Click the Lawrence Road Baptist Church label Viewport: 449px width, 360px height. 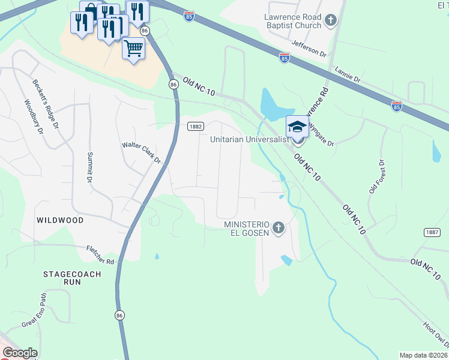pos(293,22)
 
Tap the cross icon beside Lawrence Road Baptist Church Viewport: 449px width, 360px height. pos(330,22)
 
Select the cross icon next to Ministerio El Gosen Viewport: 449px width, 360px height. pos(277,228)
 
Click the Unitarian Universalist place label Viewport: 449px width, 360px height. pos(250,139)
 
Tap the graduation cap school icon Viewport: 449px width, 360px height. pos(297,127)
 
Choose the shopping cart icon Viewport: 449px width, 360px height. pos(134,48)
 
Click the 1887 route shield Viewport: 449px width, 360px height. pos(432,232)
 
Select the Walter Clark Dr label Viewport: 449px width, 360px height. pos(142,153)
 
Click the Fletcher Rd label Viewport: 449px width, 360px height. pos(100,254)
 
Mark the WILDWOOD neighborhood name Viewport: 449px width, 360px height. pos(60,220)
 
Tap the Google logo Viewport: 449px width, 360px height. pos(19,353)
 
